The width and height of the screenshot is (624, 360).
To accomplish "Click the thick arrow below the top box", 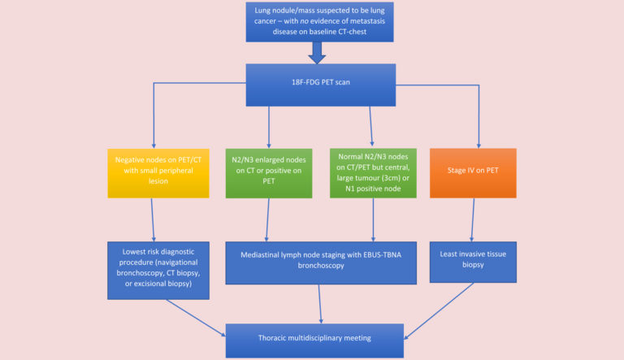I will point(317,53).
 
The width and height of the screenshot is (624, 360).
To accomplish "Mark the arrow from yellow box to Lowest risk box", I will point(154,219).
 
